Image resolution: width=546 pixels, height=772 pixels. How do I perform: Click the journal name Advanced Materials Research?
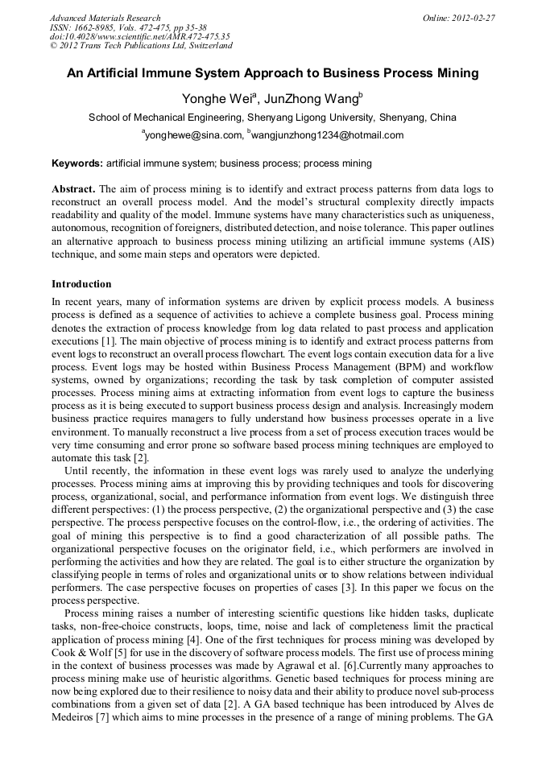[105, 17]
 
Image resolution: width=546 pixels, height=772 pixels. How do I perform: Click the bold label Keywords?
[77, 163]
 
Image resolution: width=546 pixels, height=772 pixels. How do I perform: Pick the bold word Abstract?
[73, 189]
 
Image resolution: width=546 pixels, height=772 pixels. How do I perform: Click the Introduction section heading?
[81, 284]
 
